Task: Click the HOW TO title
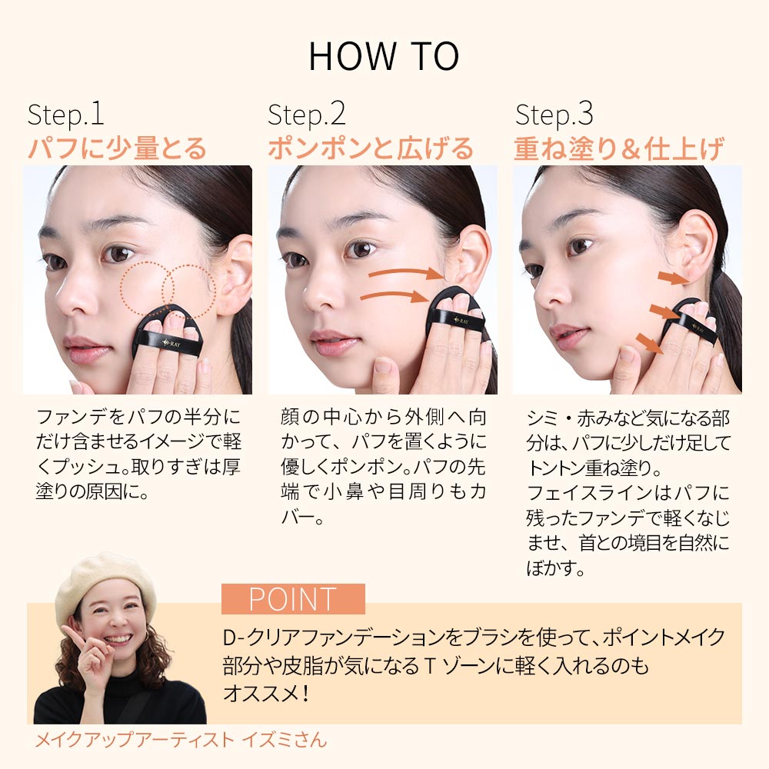(384, 56)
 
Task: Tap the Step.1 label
(65, 115)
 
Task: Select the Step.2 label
(307, 115)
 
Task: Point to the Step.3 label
(554, 115)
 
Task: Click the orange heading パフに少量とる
(117, 148)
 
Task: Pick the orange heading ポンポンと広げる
(371, 148)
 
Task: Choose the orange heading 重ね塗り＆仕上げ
(619, 148)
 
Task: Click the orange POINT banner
(293, 599)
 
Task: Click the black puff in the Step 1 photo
(168, 334)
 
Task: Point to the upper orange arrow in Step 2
(406, 273)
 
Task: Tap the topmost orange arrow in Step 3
(674, 278)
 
